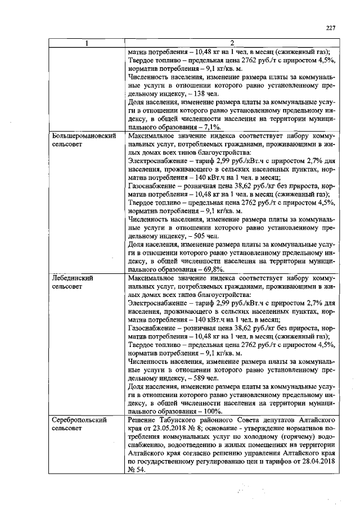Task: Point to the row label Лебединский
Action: [x=71, y=278]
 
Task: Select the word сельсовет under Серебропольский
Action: [x=67, y=429]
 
